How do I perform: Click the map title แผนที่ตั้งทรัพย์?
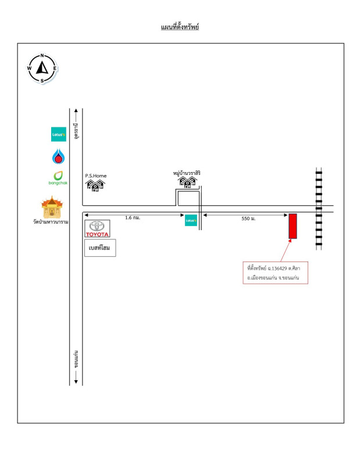180,27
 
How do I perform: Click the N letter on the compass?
42,55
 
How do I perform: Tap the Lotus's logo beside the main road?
59,134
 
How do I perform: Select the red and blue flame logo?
59,156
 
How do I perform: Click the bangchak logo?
58,178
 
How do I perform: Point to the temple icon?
52,207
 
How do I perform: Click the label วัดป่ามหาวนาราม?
51,222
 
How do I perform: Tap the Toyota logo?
97,228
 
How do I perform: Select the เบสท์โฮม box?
100,248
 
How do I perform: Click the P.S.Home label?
96,176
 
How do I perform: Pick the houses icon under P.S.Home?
95,185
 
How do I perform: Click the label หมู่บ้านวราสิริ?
187,173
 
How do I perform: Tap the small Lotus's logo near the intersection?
191,220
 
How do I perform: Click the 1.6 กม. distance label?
133,217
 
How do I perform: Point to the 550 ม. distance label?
248,219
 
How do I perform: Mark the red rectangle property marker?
293,226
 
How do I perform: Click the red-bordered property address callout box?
276,273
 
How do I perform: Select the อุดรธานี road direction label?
77,130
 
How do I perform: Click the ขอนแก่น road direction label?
76,359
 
